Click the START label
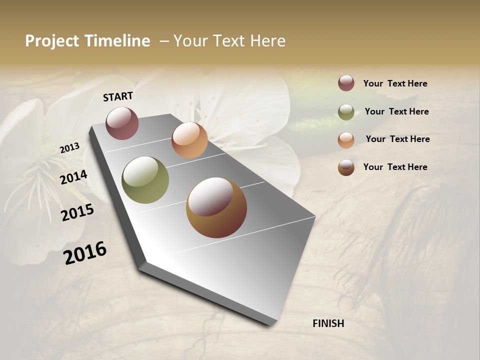(118, 96)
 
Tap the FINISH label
(328, 323)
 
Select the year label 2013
(69, 148)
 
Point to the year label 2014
(73, 177)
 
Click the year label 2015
(77, 212)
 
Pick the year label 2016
(85, 252)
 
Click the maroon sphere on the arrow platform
(122, 123)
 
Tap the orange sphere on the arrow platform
(189, 140)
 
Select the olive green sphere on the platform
(145, 180)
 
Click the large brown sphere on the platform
(216, 207)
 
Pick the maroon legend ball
(346, 83)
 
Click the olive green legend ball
(346, 112)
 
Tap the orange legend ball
(346, 140)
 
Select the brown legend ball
(346, 167)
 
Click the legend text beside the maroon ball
(395, 83)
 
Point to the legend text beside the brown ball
(395, 167)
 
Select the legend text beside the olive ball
(396, 111)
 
